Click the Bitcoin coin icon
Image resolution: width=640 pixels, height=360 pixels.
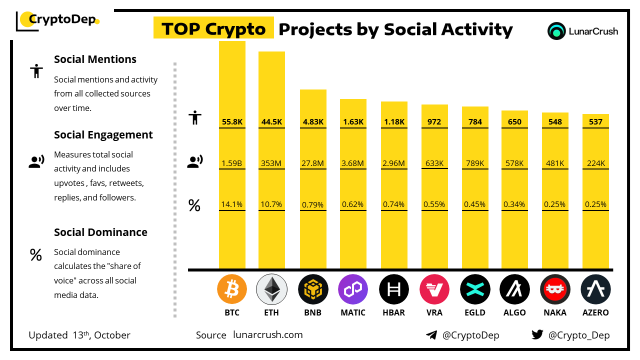[232, 289]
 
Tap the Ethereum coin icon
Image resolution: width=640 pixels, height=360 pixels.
[271, 289]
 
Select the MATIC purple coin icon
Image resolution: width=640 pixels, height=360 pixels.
[353, 289]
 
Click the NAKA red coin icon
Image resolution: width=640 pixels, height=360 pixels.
[555, 289]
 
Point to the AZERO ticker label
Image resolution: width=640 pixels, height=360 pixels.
[595, 312]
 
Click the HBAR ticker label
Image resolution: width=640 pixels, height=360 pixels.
[393, 312]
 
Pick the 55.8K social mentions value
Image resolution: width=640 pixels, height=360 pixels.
[232, 121]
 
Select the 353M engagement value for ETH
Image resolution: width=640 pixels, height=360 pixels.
[271, 163]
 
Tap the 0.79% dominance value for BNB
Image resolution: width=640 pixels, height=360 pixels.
[313, 204]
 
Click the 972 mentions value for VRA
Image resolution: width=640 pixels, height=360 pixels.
[434, 121]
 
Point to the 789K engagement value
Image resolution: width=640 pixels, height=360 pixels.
[474, 163]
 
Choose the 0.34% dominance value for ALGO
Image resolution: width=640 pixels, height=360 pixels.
[514, 204]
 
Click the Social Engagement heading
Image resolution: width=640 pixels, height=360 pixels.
[103, 135]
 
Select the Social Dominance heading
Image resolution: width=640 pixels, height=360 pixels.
[100, 232]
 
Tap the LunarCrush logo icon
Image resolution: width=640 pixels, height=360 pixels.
[556, 31]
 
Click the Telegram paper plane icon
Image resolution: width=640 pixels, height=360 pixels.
[431, 335]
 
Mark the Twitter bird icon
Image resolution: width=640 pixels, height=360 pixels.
[537, 335]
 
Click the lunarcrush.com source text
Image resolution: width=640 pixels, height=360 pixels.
[268, 335]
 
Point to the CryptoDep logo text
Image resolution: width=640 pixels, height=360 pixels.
[61, 19]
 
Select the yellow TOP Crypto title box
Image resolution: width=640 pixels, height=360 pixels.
[213, 29]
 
